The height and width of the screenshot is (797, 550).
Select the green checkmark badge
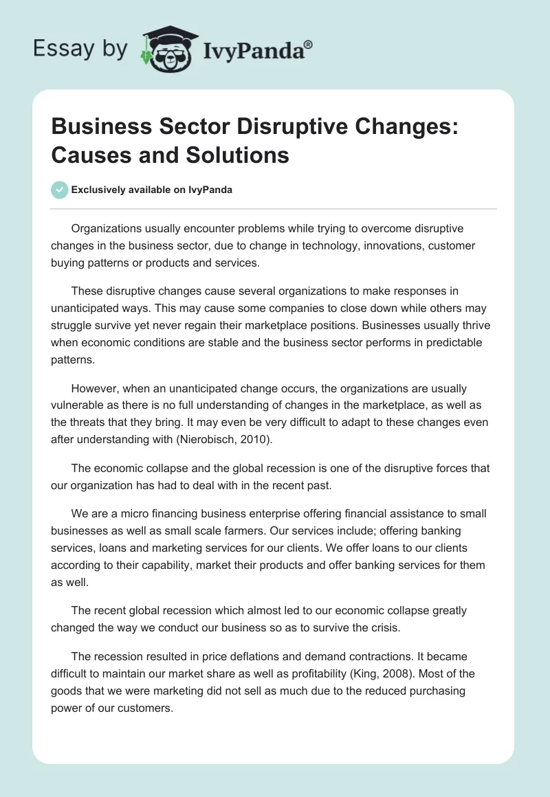(x=60, y=190)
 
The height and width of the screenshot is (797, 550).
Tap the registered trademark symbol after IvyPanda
(x=309, y=44)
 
